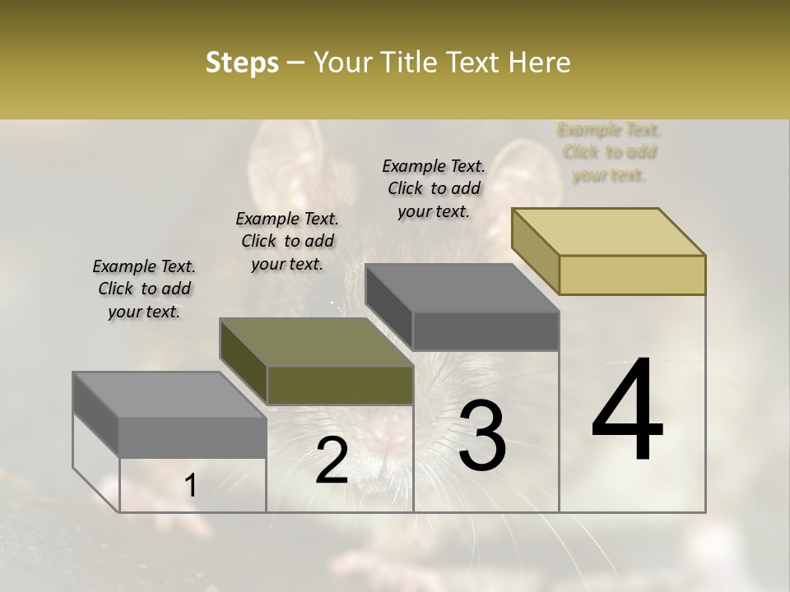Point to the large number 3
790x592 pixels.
coord(482,436)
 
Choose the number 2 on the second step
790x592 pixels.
coord(332,460)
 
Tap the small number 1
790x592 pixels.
coord(190,486)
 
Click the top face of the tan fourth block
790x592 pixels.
coord(607,232)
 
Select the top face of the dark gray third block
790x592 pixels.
coord(461,289)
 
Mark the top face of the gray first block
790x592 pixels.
coord(169,395)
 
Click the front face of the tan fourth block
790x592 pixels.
coord(632,275)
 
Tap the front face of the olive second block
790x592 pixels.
coord(340,386)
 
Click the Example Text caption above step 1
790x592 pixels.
coord(144,289)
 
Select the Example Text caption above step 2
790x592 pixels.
coord(287,241)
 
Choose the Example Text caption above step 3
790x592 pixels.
coord(434,188)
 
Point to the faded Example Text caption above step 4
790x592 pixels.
coord(609,152)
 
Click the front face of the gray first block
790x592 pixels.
coord(193,437)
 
